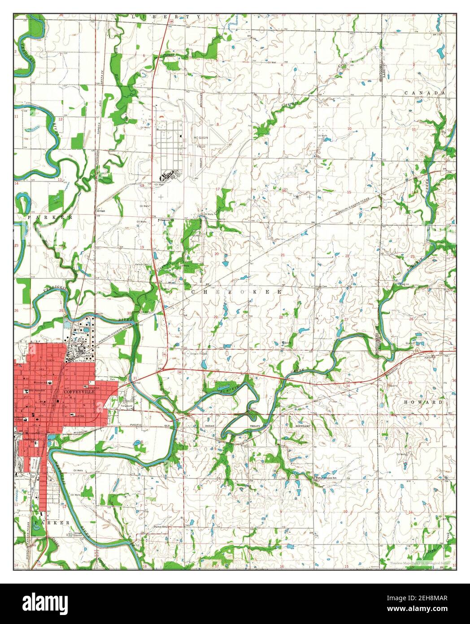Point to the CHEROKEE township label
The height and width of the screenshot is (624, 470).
pyautogui.click(x=236, y=292)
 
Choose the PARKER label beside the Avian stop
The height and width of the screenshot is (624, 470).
pyautogui.click(x=49, y=217)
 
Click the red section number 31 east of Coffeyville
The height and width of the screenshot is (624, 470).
pyautogui.click(x=135, y=379)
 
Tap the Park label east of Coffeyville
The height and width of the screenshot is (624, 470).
pyautogui.click(x=119, y=380)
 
